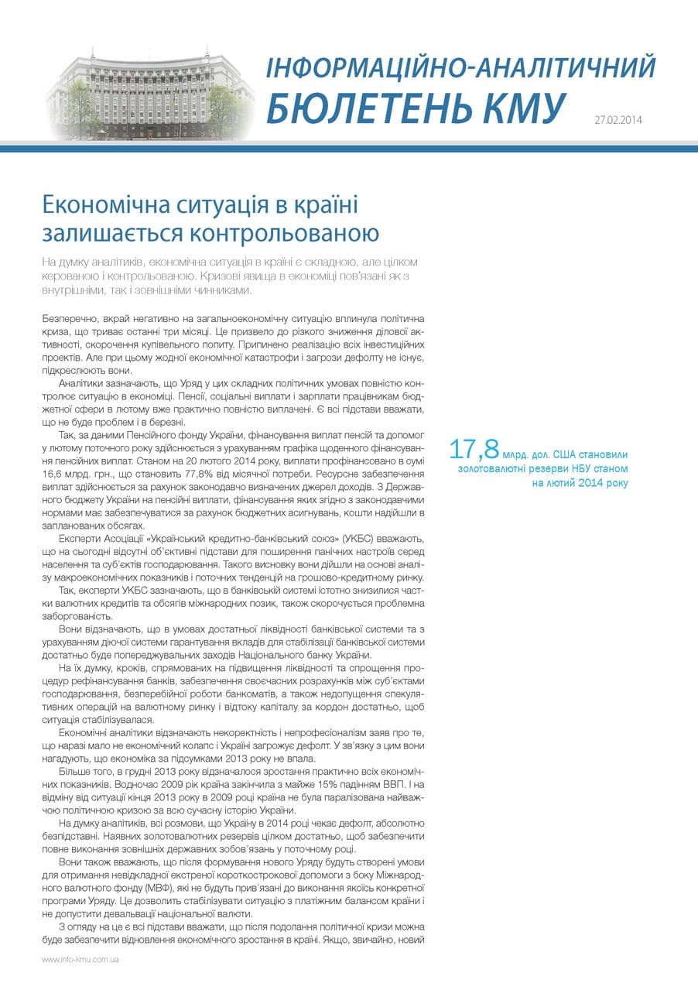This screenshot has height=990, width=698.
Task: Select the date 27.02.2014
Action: (618, 120)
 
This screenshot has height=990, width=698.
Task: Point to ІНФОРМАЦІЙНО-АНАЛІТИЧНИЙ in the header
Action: (460, 67)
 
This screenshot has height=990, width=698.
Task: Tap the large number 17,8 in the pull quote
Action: (473, 449)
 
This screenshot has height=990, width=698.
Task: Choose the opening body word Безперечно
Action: (67, 319)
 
